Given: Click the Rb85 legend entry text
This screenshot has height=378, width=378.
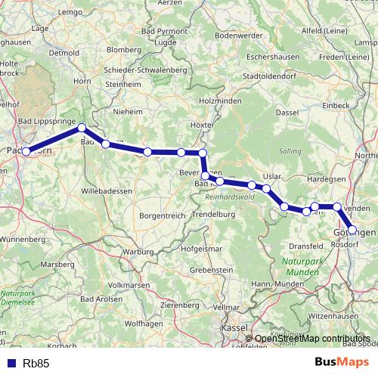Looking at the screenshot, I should click(36, 364).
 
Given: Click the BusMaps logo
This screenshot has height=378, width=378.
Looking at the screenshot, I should click(336, 363).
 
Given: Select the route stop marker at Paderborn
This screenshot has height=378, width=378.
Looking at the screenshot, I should click(26, 152).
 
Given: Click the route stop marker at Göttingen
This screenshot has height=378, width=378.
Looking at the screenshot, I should click(352, 229).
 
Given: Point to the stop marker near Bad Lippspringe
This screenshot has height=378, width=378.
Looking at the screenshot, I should click(82, 128).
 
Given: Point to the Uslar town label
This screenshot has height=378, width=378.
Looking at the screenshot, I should click(272, 176).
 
